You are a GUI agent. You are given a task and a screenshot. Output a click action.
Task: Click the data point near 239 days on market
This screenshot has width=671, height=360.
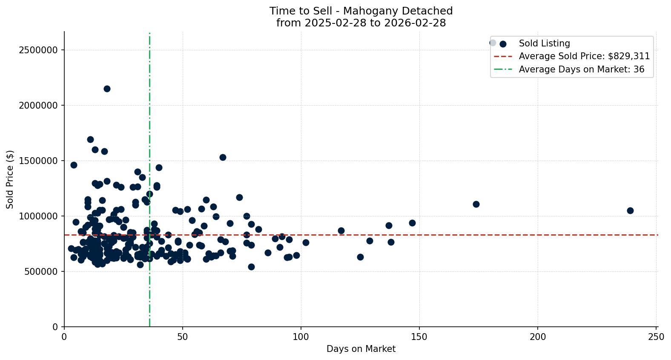630,210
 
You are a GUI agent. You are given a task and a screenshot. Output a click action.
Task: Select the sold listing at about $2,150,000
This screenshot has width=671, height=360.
107,89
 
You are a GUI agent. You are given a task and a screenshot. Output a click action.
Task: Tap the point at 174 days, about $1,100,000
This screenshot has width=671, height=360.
476,204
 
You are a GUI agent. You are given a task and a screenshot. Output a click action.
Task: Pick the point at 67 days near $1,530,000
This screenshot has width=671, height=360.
223,157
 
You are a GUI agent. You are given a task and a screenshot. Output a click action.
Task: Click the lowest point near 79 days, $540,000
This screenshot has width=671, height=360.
251,267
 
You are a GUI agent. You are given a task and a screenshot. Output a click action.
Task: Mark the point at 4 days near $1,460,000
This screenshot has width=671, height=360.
74,165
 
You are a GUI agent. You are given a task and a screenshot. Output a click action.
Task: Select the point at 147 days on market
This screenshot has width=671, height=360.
412,223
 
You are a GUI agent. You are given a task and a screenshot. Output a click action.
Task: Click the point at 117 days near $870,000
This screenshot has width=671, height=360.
341,230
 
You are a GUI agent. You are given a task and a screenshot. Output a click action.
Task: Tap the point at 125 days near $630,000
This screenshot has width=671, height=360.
360,257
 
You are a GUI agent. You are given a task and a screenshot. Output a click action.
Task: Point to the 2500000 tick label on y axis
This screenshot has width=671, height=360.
38,50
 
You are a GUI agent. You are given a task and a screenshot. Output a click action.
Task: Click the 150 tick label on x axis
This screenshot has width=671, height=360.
419,337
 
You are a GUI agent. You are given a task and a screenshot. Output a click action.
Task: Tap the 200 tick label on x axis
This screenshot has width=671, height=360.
538,337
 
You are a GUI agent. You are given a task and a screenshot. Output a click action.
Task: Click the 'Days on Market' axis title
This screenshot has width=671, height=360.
361,349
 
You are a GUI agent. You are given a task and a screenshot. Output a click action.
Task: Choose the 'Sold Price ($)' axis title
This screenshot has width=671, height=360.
10,179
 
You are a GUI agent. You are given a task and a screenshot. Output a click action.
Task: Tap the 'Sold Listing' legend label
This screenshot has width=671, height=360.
544,43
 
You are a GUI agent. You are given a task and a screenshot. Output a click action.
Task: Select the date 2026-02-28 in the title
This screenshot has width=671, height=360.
415,23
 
